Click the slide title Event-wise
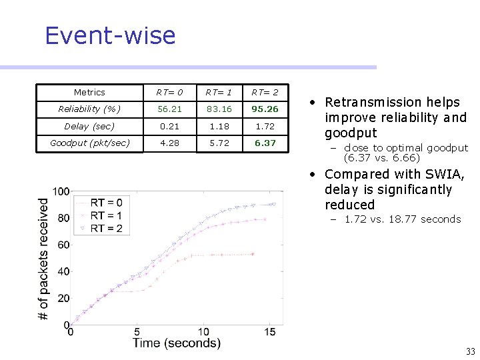pos(110,35)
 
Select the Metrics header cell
pos(89,93)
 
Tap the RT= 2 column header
pos(265,93)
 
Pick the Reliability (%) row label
pos(89,109)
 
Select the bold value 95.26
pos(265,109)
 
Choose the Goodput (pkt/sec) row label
pos(89,143)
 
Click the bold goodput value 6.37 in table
pos(265,143)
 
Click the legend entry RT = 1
pos(105,215)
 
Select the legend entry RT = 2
pos(105,228)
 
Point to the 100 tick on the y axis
pos(61,192)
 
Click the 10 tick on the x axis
pos(203,332)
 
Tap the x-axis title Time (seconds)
pos(176,343)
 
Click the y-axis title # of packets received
pos(43,258)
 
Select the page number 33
pos(470,352)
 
